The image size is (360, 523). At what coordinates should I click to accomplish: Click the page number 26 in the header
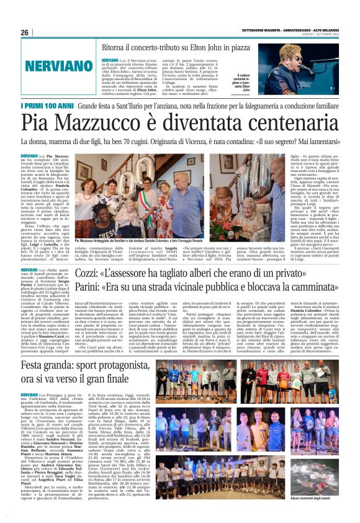(x=25, y=32)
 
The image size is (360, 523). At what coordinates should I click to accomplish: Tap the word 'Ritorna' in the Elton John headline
(x=115, y=47)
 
